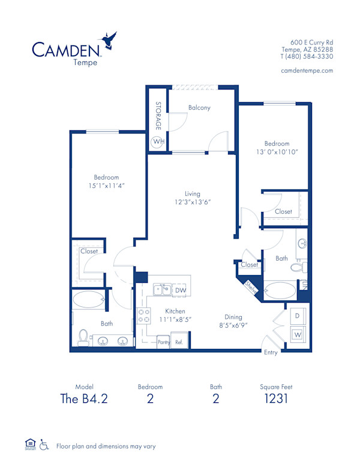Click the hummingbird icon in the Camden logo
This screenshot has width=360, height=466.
coord(109,41)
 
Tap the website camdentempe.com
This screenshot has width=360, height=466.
coord(307,70)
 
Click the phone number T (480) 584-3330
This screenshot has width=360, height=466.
coord(307,56)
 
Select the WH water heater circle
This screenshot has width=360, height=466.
coord(158,142)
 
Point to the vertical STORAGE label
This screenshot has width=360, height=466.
coord(158,116)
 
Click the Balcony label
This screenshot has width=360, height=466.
coord(199,108)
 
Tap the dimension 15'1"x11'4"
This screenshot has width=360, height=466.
coord(106,186)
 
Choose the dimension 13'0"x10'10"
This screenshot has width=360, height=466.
coord(277,152)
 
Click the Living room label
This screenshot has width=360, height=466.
coord(192,193)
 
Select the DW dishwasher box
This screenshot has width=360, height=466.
coord(180,291)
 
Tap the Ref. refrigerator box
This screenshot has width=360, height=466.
coord(179,342)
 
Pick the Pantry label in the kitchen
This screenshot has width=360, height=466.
coord(164,342)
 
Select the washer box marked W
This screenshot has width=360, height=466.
coord(297,334)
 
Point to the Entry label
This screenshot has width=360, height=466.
coord(271,353)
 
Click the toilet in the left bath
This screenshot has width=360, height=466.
coord(83,338)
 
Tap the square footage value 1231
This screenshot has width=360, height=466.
coord(277,399)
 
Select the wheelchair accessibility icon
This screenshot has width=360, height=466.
coord(44,446)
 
